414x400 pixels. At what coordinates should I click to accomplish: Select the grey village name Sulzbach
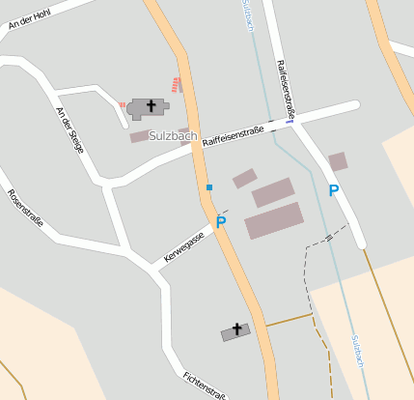(173, 136)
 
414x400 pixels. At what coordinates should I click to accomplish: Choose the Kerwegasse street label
(184, 247)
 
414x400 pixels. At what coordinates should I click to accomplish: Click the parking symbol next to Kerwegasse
(221, 223)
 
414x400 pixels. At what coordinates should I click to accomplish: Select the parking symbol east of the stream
(334, 190)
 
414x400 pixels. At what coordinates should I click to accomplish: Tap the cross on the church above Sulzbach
(150, 104)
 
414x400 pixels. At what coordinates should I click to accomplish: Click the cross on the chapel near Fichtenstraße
(235, 329)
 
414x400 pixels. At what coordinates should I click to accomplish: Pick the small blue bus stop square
(208, 186)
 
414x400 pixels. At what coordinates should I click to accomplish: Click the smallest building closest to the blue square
(244, 178)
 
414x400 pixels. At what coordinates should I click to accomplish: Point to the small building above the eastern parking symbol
(338, 161)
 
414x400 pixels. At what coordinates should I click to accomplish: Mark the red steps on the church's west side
(124, 103)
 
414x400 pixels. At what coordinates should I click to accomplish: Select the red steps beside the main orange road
(176, 84)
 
